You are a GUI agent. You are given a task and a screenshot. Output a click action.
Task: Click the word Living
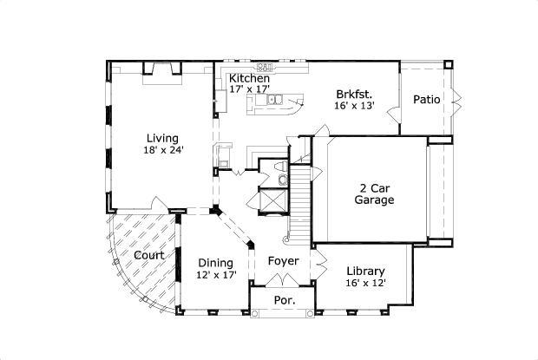[162, 138]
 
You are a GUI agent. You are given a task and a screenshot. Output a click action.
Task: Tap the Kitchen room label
[249, 78]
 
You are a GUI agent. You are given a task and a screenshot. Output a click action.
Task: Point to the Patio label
[426, 99]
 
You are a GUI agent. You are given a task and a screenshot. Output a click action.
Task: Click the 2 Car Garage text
[374, 193]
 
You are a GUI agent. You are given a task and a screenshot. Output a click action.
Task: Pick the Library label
[366, 270]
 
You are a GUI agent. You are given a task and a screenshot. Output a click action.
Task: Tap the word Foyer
[283, 261]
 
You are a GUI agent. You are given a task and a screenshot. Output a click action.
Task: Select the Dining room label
[214, 263]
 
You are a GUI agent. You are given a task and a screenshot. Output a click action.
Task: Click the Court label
[149, 255]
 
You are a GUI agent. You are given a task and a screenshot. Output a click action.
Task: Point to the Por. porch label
[284, 300]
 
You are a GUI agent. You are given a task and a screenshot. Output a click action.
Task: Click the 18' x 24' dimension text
[163, 150]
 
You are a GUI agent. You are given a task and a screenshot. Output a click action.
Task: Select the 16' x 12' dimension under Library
[365, 282]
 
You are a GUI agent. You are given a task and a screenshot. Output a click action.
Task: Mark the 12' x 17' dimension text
[216, 275]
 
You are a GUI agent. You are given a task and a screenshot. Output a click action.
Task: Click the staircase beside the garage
[300, 204]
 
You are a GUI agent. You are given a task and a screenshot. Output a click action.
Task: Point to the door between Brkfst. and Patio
[393, 111]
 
